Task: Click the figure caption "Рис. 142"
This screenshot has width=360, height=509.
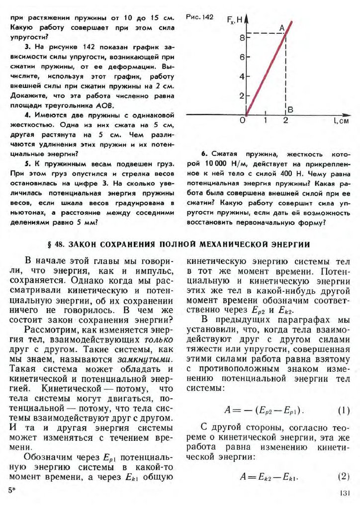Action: coord(199,17)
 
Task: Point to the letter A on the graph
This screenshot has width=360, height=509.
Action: coord(281,28)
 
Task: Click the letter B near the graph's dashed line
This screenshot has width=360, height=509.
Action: coord(291,109)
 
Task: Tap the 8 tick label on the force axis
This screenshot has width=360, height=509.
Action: coord(241,37)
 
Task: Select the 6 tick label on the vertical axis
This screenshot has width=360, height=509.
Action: coord(241,57)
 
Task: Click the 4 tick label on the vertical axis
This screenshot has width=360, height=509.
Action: coord(241,77)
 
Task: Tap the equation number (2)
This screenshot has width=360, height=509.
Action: coord(344,476)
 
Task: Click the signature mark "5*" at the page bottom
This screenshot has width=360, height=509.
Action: coord(12,490)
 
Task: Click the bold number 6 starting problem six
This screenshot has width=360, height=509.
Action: coord(204,154)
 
